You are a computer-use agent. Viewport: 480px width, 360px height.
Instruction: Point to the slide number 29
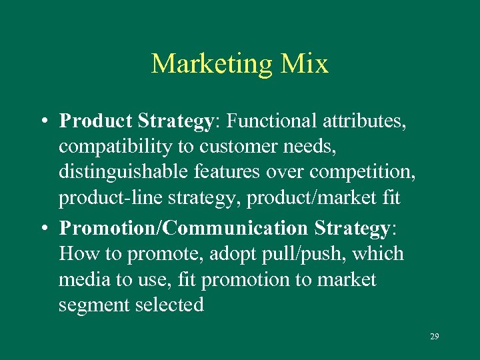(434, 337)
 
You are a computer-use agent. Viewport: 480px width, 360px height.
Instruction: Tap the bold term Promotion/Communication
(183, 228)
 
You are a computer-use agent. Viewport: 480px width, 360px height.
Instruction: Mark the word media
(85, 280)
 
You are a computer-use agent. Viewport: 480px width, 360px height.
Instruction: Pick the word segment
(94, 306)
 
